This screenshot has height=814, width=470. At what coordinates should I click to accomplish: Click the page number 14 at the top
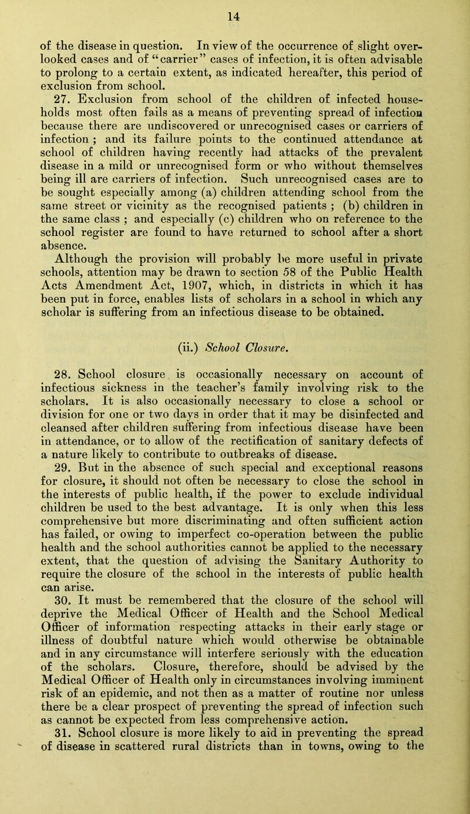[235, 9]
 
